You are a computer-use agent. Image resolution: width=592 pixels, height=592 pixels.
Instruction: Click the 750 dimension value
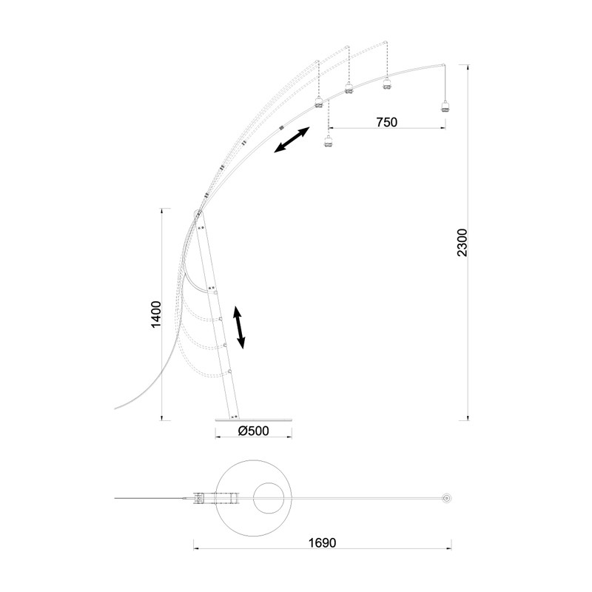click(386, 122)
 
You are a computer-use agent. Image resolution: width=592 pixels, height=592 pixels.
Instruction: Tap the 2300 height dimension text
click(462, 243)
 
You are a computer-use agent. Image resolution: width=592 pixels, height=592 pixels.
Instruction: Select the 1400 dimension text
click(155, 314)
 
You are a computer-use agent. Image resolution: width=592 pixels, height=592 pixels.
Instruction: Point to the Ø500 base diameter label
click(254, 431)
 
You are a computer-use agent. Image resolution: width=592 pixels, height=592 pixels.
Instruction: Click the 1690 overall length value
click(321, 543)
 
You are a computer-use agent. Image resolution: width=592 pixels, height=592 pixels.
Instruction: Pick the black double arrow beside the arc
click(292, 140)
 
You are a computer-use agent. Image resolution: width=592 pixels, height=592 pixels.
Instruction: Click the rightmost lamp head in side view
click(445, 105)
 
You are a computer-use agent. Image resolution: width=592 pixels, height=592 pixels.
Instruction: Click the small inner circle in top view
click(267, 498)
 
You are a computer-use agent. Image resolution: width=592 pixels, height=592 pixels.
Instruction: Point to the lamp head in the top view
click(446, 498)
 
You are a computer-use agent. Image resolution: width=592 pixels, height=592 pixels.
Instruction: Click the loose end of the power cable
click(115, 408)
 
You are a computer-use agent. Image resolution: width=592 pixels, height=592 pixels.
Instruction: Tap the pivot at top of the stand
click(199, 215)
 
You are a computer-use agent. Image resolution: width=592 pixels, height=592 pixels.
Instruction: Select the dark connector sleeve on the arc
click(281, 128)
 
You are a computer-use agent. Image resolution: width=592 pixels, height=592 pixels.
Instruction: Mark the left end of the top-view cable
click(116, 498)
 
